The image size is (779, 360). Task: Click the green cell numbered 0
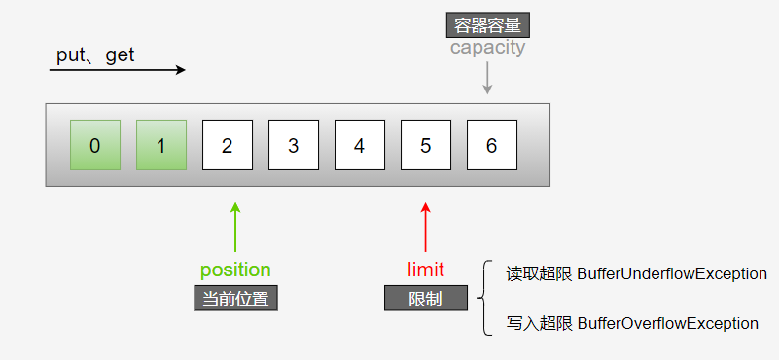tap(94, 145)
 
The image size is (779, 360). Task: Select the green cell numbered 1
tap(160, 145)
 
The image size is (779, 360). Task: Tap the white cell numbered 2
tap(227, 145)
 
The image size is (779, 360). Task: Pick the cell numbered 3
tap(293, 145)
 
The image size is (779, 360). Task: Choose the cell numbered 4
tap(359, 145)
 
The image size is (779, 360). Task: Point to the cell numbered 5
tap(425, 145)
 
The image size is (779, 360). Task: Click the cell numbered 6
tap(491, 145)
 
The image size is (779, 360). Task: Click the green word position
tap(235, 270)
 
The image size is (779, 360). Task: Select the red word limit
tap(425, 270)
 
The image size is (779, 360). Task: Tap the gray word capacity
tap(487, 47)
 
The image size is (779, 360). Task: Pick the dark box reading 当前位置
tap(235, 298)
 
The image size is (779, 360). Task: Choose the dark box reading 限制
tap(425, 298)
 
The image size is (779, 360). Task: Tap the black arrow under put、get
tap(117, 70)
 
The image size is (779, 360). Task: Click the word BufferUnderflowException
tap(672, 274)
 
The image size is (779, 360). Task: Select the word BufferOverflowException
tap(667, 323)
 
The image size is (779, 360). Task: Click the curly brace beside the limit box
tap(483, 298)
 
